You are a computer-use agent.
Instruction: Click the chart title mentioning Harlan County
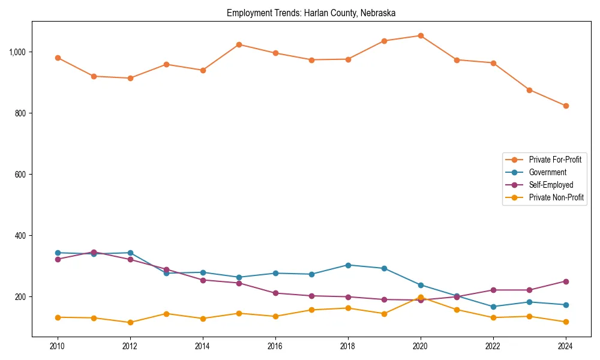(311, 13)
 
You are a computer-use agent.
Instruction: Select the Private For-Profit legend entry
(554, 160)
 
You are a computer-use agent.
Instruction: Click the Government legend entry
(547, 172)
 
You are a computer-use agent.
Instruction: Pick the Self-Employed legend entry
(551, 185)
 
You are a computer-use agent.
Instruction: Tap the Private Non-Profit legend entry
(556, 197)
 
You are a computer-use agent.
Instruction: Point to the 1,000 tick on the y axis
(18, 52)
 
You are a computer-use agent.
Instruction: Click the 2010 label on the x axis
(58, 346)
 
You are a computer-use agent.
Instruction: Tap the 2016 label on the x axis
(275, 346)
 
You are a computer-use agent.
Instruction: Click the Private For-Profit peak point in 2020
(421, 35)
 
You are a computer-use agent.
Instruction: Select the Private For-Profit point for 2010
(58, 58)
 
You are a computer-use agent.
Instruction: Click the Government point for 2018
(348, 265)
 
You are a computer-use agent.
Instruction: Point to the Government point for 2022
(493, 307)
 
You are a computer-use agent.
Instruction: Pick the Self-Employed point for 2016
(275, 293)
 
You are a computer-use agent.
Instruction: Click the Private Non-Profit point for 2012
(130, 322)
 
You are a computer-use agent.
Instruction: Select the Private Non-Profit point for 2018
(348, 308)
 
